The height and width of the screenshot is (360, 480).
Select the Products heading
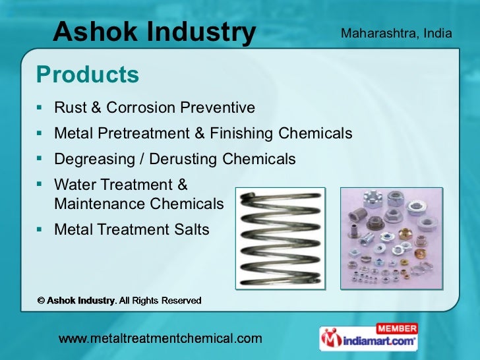coord(88,75)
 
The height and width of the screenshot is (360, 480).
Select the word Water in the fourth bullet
coord(75,185)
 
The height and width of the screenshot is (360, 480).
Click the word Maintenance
coord(100,204)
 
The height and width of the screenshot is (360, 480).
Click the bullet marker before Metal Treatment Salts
coord(40,229)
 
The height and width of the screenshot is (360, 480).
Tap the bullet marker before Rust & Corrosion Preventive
coord(40,107)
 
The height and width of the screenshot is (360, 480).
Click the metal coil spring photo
coord(281,239)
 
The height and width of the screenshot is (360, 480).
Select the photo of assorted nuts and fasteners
coord(391,238)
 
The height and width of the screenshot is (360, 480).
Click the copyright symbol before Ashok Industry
coord(40,301)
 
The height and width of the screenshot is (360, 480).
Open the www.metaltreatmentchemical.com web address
coord(160,339)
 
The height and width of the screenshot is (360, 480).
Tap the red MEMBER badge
coord(396,328)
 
